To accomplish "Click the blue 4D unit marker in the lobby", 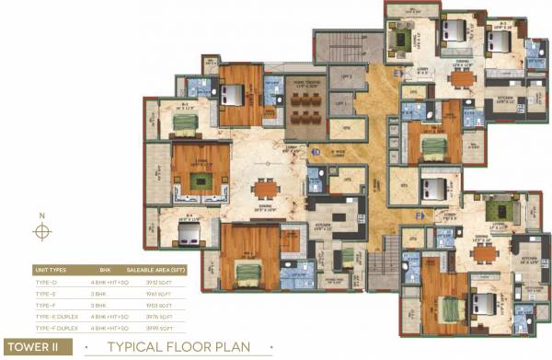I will click(315, 152).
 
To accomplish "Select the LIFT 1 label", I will click(342, 105).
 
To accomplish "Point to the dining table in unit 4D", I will click(267, 190).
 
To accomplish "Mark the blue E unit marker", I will click(397, 72).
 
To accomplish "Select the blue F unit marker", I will click(420, 215).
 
